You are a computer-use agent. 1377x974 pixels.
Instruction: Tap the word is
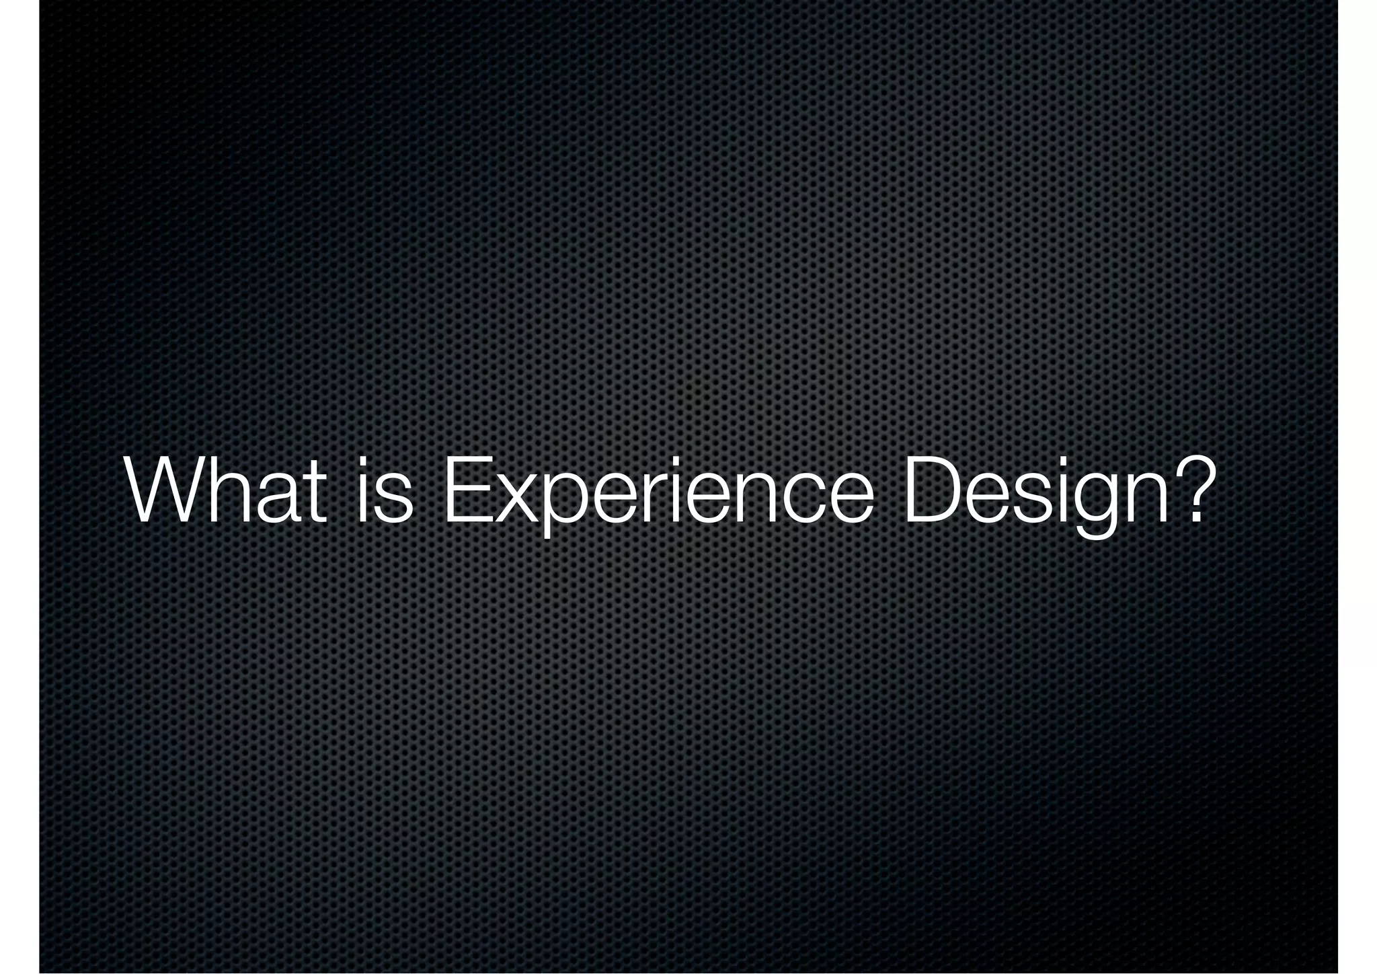coord(384,490)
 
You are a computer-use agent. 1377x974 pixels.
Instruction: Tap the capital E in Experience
coord(465,490)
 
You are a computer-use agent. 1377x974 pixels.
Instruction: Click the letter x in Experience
coord(517,501)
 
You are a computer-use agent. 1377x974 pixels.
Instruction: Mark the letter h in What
coord(229,490)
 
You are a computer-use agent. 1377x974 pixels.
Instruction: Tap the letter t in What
coord(315,494)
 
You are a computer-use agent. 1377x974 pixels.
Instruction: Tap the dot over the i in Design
coord(1069,463)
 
